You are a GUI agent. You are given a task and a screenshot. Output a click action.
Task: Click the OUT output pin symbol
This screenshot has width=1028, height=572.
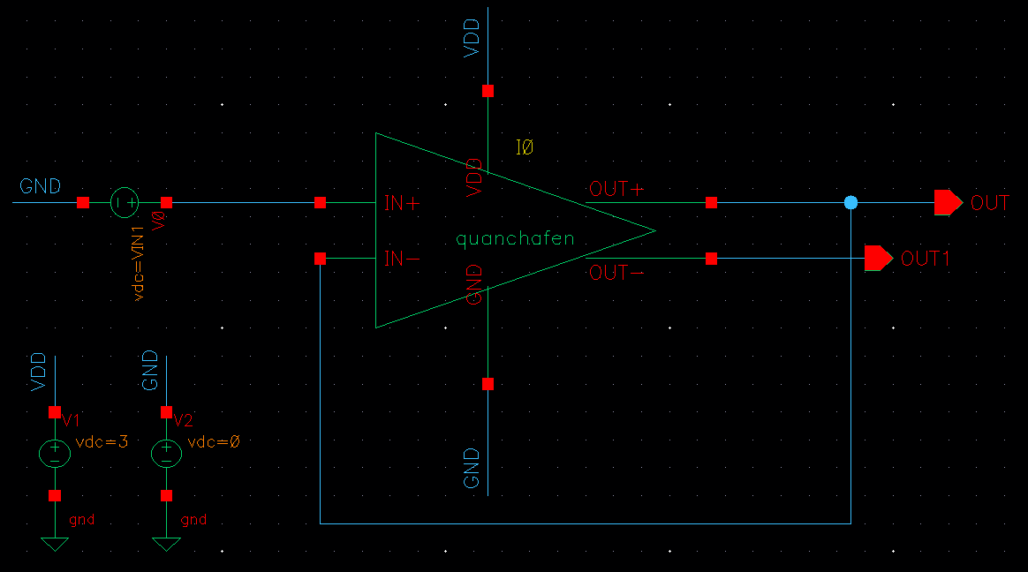coord(948,203)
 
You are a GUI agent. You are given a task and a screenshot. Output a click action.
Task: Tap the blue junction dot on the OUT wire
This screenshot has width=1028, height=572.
coord(850,203)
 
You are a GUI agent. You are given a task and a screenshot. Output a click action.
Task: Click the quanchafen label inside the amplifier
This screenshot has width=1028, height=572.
coord(515,238)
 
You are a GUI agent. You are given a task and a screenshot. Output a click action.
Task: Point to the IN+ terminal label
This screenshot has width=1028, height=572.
coord(403,203)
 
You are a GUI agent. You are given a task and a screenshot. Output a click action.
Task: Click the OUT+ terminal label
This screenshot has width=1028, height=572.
coord(619,189)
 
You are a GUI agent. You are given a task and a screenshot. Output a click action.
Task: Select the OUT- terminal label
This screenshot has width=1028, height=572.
coord(616,273)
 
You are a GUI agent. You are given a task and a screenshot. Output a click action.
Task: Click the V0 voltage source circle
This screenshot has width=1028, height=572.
coord(125,203)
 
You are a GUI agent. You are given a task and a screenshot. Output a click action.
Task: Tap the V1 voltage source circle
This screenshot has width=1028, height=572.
coord(55,454)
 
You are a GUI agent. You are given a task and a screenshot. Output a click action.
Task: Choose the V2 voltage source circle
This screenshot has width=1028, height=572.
coord(166,454)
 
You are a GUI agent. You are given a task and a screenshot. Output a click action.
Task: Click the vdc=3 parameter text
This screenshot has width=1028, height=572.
coord(102,441)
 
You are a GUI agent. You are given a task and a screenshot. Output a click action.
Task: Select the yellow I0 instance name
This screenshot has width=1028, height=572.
coord(525,147)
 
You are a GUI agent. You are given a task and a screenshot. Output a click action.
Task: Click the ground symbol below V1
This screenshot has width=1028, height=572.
coord(55,544)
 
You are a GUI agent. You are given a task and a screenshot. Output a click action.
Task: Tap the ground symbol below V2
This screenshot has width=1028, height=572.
coord(166,544)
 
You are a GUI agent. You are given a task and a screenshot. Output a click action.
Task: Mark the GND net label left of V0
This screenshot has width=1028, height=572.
coord(41,186)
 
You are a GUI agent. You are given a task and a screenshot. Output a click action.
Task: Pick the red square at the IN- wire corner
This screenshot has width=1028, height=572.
coord(320,259)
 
